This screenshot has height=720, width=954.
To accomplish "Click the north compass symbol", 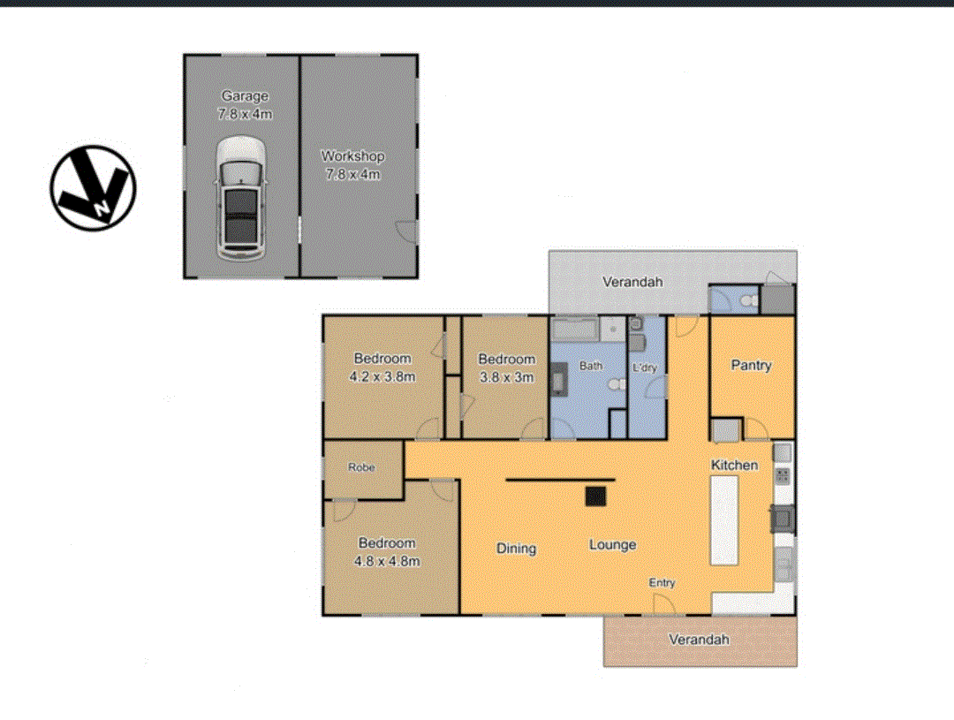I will click(93, 188).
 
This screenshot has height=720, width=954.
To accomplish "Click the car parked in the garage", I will click(241, 198).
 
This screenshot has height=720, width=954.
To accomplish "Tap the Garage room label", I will click(245, 96).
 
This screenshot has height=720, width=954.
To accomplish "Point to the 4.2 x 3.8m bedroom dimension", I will click(383, 375).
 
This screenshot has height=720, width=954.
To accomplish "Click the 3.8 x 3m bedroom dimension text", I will click(506, 376).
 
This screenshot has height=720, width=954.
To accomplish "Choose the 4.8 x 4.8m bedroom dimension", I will click(387, 560).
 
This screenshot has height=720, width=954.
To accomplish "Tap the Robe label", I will click(361, 467).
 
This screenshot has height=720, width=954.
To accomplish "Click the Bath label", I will click(590, 365).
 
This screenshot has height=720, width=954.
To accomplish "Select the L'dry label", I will click(645, 368).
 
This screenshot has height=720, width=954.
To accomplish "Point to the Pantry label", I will click(752, 365).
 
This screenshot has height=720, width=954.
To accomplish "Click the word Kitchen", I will click(735, 465).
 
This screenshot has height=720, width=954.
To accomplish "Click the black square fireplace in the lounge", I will click(596, 496).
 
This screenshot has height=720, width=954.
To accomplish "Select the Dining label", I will click(516, 548).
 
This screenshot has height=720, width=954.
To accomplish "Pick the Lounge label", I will click(612, 545).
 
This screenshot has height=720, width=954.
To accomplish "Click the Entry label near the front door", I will click(662, 582).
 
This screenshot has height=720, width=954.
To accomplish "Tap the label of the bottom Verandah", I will click(699, 639).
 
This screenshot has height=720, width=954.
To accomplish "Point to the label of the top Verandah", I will click(632, 282).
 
